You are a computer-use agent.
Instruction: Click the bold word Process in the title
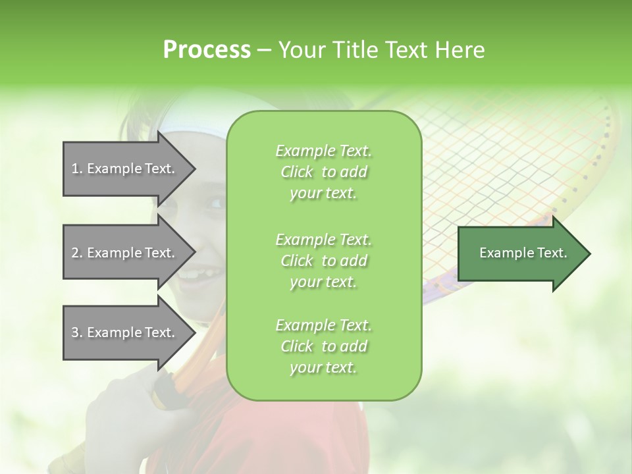point(207,50)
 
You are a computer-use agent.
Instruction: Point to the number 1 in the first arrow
point(75,169)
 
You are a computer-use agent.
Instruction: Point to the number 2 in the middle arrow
point(75,253)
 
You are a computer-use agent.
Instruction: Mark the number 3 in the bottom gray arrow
point(75,332)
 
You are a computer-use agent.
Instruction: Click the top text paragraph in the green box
point(323,172)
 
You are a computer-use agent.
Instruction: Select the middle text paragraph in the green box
point(323,260)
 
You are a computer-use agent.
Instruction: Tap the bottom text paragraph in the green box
point(323,346)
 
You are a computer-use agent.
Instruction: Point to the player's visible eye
point(215,202)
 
